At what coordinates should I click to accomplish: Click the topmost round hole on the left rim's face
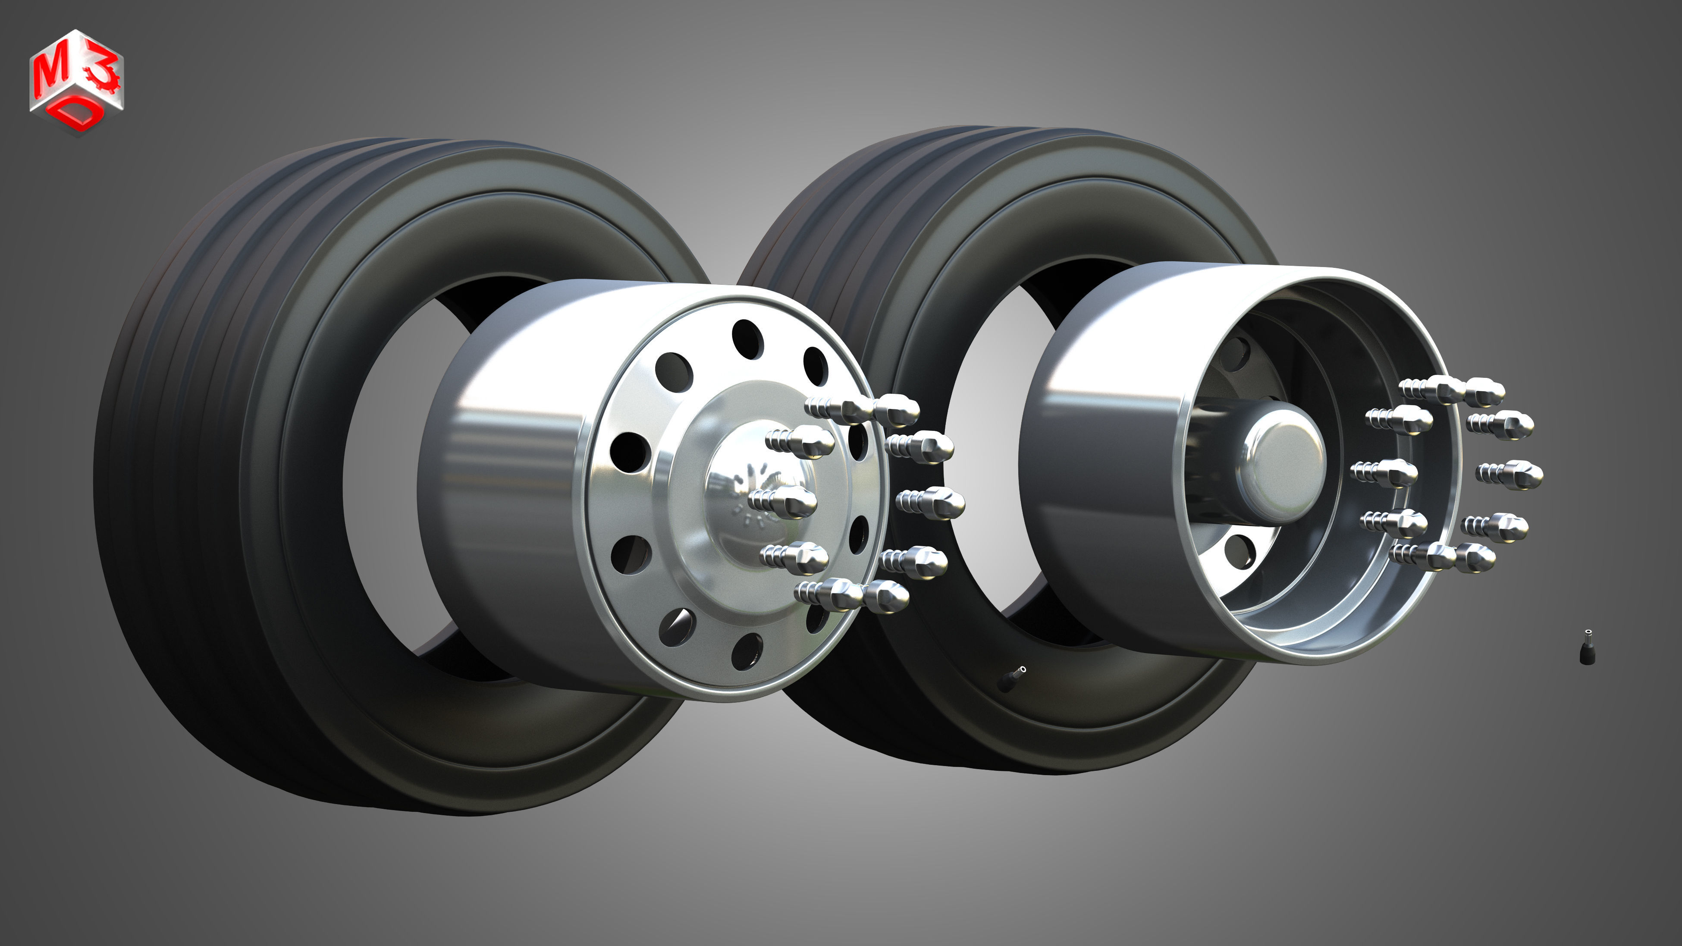[748, 339]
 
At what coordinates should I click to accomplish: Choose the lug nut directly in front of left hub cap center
[787, 501]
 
